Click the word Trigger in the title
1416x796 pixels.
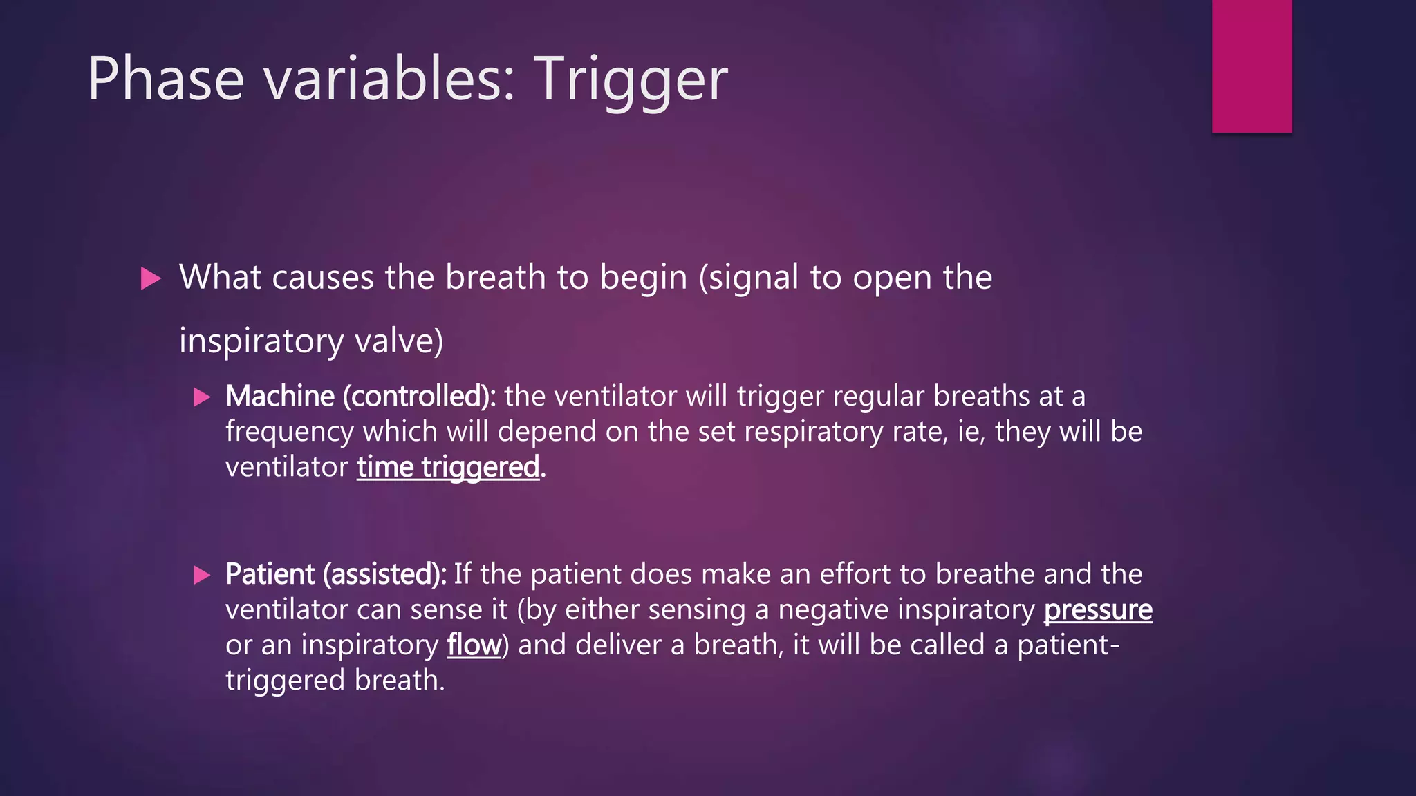[630, 80]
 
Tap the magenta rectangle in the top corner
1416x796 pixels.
[1251, 66]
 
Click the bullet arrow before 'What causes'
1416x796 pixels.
[151, 279]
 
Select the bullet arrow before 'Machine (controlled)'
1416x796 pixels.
[202, 397]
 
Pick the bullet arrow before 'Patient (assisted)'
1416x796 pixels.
[202, 575]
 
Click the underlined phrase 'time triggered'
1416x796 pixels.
[448, 468]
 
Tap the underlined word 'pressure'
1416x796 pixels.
[1097, 610]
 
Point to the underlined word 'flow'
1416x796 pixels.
[474, 645]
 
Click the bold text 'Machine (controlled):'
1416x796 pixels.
[360, 397]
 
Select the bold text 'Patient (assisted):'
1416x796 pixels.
[336, 574]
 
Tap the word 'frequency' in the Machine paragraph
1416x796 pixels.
[290, 432]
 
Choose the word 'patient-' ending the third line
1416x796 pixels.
[1068, 645]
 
